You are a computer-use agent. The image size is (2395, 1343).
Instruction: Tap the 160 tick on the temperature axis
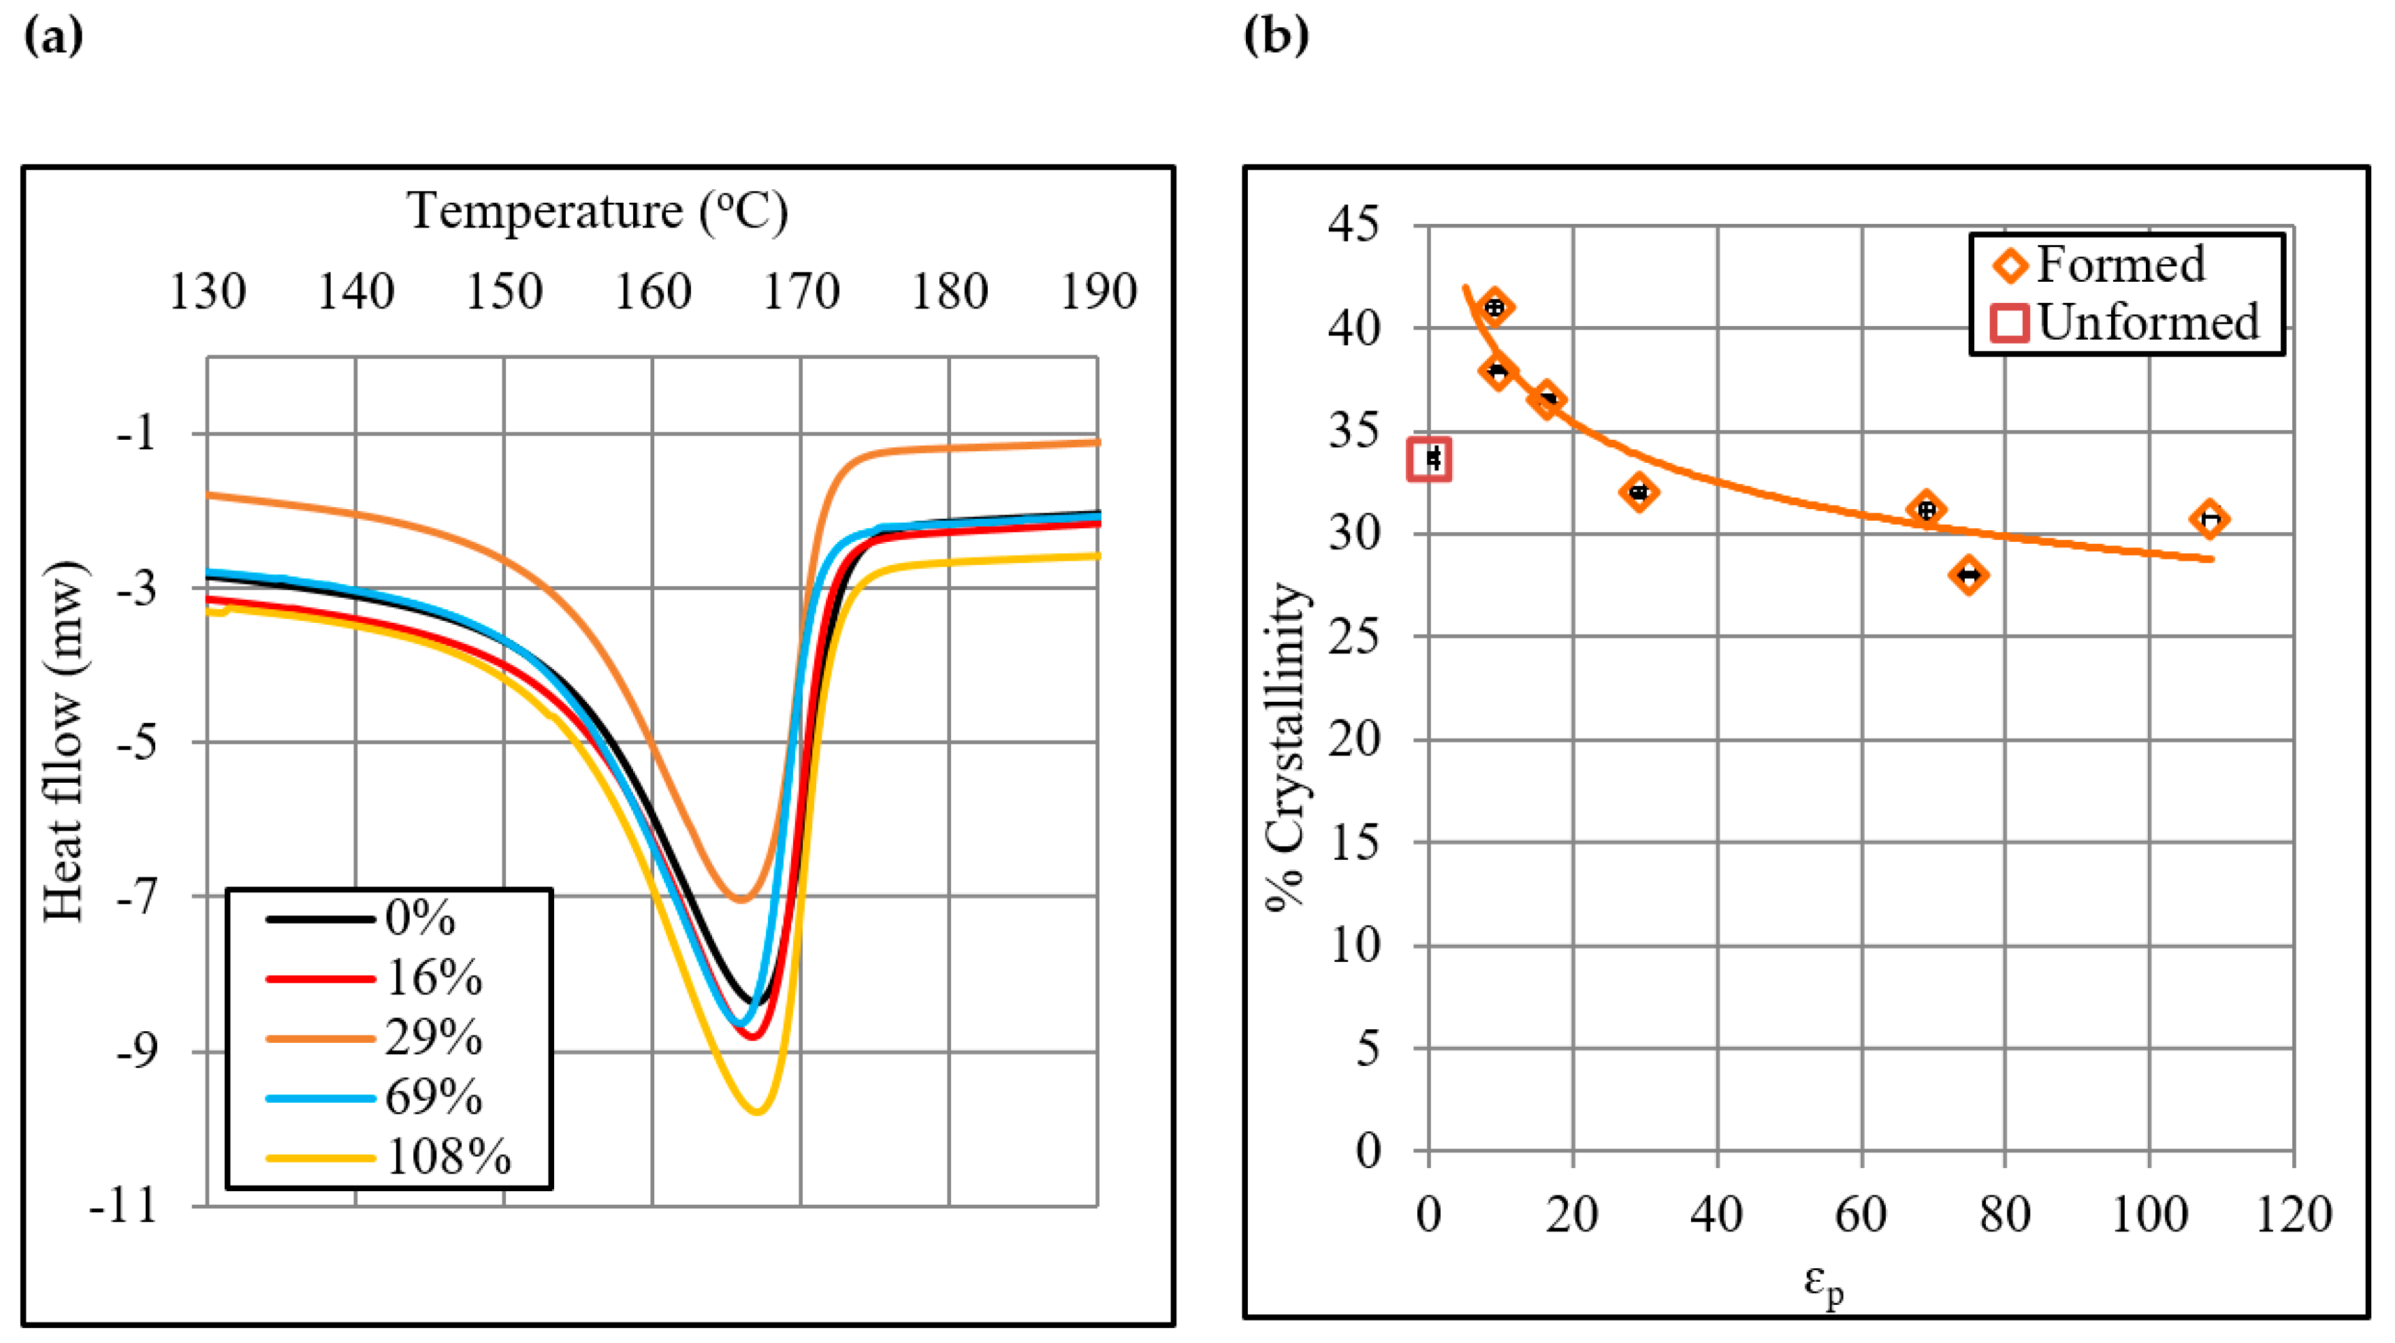coord(653,292)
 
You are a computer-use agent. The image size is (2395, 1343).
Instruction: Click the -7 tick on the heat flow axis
coord(138,897)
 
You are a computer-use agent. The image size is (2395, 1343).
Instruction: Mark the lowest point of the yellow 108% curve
coord(757,1111)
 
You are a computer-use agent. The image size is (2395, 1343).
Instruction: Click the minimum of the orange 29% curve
coord(740,899)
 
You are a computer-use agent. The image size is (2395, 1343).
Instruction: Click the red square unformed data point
coord(1430,459)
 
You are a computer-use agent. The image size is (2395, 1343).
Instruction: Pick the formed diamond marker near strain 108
coord(2210,519)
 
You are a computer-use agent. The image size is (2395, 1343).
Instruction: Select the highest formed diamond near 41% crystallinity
coord(1494,308)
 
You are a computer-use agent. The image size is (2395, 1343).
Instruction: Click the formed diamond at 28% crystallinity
coord(1967,575)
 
